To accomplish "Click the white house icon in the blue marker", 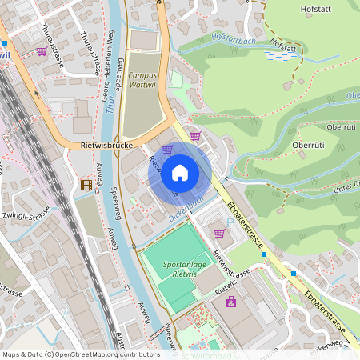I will pos(180,173).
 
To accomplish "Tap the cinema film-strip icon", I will pos(86,185).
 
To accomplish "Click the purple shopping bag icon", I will pos(231,302).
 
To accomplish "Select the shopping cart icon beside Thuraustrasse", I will pos(41,51).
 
